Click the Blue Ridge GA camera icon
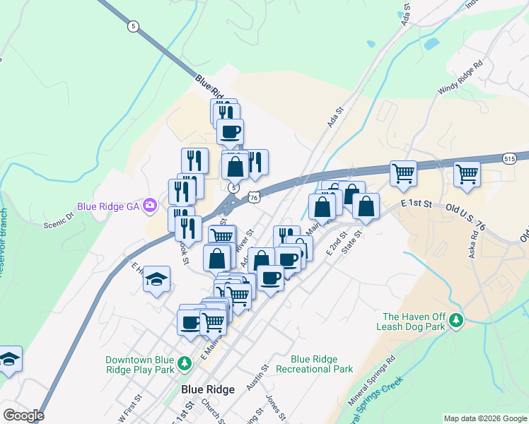[149, 206]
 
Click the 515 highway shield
[510, 160]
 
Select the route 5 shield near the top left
[133, 25]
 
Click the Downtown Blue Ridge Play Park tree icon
[185, 364]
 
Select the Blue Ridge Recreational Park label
[314, 364]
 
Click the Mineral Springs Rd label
[371, 389]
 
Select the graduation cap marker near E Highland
[157, 279]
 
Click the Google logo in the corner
[23, 416]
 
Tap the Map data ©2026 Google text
[485, 418]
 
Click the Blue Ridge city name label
[208, 389]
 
